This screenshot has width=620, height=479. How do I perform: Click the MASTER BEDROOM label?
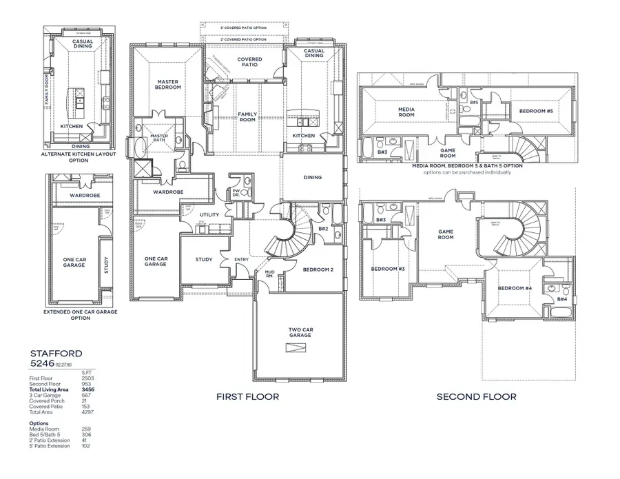[168, 85]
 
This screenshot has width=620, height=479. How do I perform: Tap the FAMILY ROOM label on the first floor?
[247, 116]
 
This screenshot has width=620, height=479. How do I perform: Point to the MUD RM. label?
[271, 275]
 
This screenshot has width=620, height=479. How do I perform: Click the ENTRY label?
[242, 259]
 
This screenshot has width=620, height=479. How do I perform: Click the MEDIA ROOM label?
[406, 112]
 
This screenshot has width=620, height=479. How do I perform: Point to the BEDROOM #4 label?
[513, 287]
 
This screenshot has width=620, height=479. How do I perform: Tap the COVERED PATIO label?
[249, 63]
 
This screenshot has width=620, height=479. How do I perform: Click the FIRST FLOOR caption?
[247, 397]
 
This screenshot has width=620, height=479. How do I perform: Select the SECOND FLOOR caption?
[476, 397]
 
